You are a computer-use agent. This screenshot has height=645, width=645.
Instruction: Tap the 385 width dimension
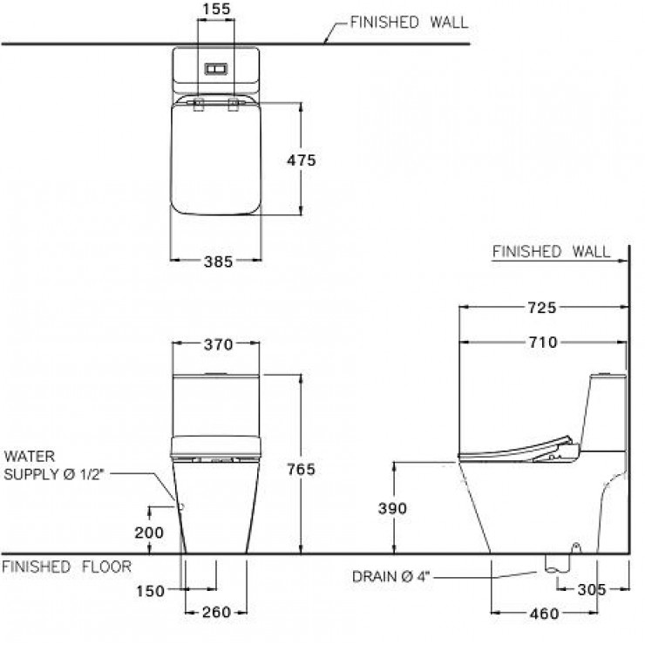(x=216, y=260)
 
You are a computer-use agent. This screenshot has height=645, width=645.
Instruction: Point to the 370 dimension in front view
(x=217, y=344)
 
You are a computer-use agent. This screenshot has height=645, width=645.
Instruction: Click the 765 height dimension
(x=302, y=469)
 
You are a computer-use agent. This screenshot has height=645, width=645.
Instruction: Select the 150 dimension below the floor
(x=151, y=591)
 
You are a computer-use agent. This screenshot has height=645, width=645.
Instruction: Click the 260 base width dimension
(x=216, y=612)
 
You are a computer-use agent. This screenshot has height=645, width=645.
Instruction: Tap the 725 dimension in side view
(x=541, y=308)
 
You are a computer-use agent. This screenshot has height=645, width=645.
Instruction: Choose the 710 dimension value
(x=541, y=343)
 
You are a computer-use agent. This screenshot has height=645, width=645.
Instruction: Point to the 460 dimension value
(x=544, y=614)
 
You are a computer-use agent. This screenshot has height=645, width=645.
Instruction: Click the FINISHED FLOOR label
(x=66, y=567)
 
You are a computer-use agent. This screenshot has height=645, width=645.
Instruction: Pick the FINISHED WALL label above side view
(x=551, y=252)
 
